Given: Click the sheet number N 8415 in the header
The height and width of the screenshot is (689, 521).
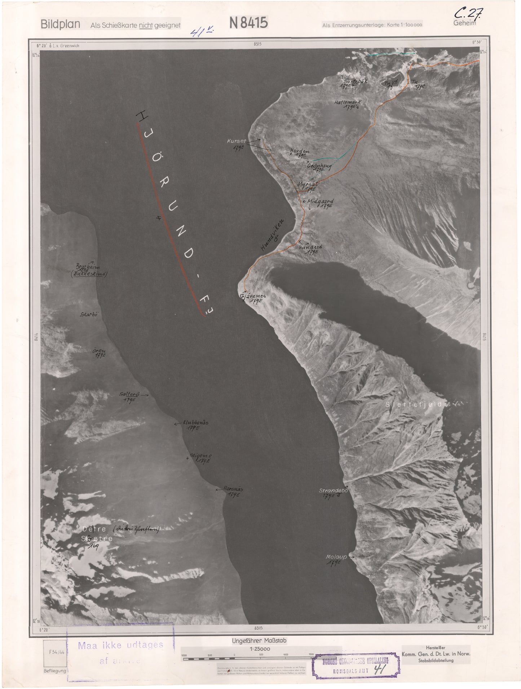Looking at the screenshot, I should (248, 23).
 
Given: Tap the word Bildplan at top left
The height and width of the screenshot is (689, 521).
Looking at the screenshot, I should (60, 25).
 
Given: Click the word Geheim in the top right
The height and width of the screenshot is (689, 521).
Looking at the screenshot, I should (465, 23).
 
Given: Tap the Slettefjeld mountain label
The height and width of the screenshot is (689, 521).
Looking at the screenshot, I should (414, 404).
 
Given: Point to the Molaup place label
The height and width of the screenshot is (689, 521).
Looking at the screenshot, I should (336, 557).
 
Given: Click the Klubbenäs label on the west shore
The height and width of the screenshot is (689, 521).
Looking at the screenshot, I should (196, 422).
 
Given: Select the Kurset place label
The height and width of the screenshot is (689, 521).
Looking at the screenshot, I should (236, 142).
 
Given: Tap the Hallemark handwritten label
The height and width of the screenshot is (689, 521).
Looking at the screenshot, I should (347, 102).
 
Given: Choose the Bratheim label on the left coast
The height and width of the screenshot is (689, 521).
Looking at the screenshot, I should (88, 267).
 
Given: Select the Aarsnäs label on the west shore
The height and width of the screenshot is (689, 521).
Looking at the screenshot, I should (234, 489).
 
